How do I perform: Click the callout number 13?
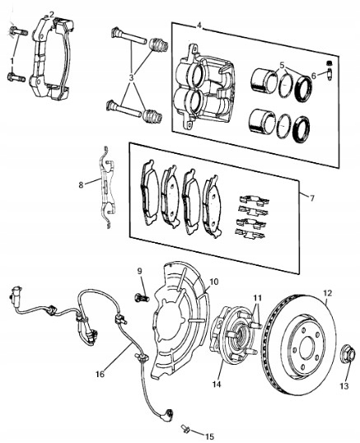(344, 385)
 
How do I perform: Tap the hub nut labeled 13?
(348, 353)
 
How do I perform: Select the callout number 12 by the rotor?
(328, 293)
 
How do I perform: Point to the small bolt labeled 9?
(142, 298)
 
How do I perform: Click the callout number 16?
(100, 375)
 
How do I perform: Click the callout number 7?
(312, 198)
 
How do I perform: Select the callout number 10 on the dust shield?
(214, 282)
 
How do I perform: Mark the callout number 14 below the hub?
(217, 385)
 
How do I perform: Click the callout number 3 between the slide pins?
(131, 77)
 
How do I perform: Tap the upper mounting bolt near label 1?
(18, 31)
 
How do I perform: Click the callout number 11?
(257, 298)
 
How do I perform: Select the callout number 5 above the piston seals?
(282, 65)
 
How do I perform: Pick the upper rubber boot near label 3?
(158, 45)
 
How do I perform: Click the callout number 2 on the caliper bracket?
(51, 14)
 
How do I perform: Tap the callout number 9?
(139, 271)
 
